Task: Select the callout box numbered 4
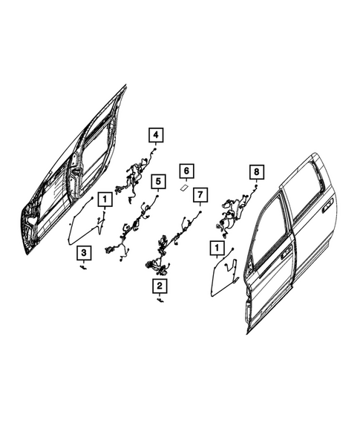(156, 135)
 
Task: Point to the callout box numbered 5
(157, 181)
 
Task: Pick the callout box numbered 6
(186, 171)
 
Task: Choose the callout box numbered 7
(198, 195)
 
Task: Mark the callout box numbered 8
(255, 172)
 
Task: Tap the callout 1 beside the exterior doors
(217, 247)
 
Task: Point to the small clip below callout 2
(160, 301)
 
